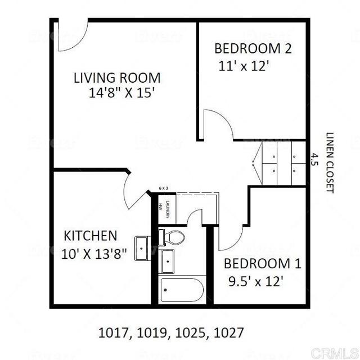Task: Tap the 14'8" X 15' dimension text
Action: tap(121, 93)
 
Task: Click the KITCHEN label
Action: tap(90, 235)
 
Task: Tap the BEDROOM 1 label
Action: tap(263, 263)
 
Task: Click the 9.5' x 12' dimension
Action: tap(257, 281)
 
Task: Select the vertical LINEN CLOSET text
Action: tap(330, 163)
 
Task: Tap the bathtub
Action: tap(181, 291)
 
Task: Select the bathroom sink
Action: tap(168, 261)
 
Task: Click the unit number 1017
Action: tap(113, 332)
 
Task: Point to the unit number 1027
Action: tap(229, 332)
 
